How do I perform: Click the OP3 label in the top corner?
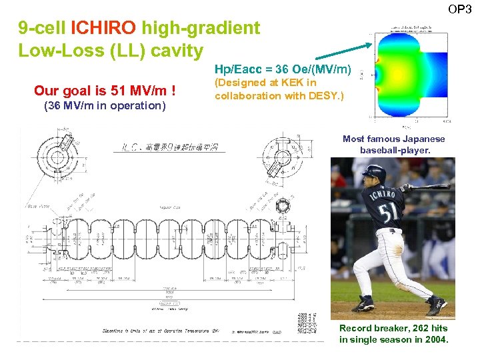click(459, 9)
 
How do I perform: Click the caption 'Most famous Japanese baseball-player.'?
click(393, 144)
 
